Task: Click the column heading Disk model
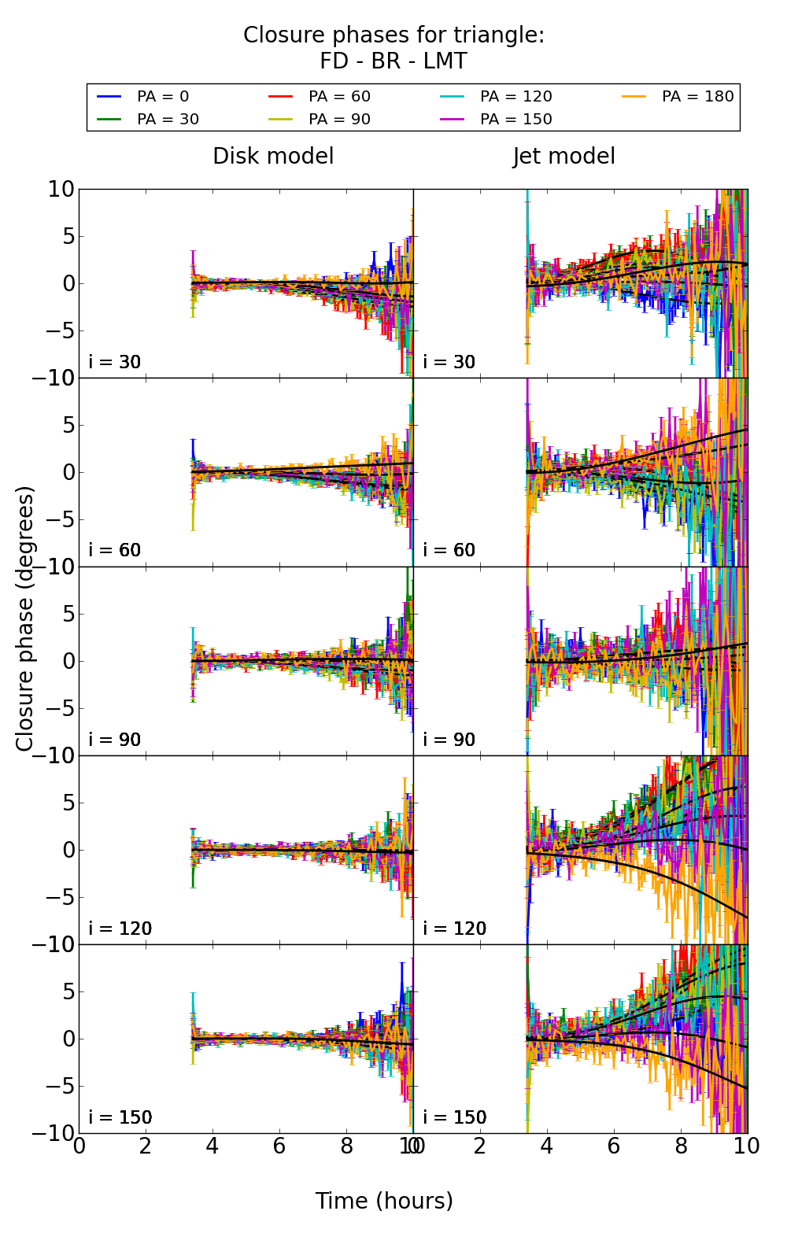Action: pos(273,156)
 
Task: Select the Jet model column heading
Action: pos(563,156)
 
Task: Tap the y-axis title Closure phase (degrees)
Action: pos(25,618)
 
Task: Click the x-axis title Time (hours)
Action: pos(384,1201)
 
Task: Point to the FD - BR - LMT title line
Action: pos(393,61)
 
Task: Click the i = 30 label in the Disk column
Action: pos(115,362)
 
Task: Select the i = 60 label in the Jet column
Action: pos(449,550)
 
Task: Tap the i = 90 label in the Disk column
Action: pos(115,740)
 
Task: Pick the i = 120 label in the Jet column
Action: pos(455,929)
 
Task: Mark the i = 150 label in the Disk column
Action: pos(120,1117)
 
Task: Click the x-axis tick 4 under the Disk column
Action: pos(212,1146)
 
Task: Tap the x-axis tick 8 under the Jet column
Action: pos(681,1146)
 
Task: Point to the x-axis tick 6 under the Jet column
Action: pos(614,1146)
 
